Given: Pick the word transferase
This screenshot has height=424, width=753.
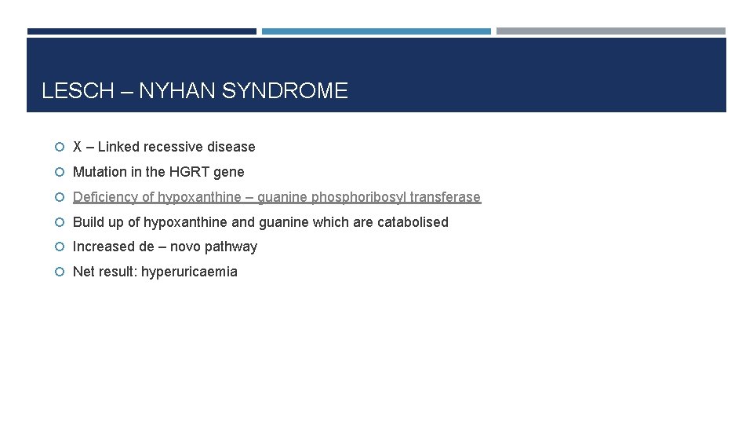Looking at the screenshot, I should point(445,197).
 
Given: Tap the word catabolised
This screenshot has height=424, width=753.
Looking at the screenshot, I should point(413,222).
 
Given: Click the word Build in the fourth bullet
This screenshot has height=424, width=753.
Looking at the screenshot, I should point(89,222).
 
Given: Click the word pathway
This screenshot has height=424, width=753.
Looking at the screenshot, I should point(231,247).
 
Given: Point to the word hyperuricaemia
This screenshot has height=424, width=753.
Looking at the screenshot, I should point(189,272).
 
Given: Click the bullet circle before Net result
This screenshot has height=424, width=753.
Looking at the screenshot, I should point(60,272).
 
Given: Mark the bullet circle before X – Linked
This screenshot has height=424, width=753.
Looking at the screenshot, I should point(60,147).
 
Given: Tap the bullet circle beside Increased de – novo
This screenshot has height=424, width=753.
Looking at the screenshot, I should point(60,247).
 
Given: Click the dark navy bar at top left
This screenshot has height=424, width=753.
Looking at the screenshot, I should point(142,31).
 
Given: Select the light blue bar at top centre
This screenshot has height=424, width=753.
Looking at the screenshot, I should point(376,31).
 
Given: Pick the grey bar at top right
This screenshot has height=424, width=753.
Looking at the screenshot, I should point(611,31).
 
